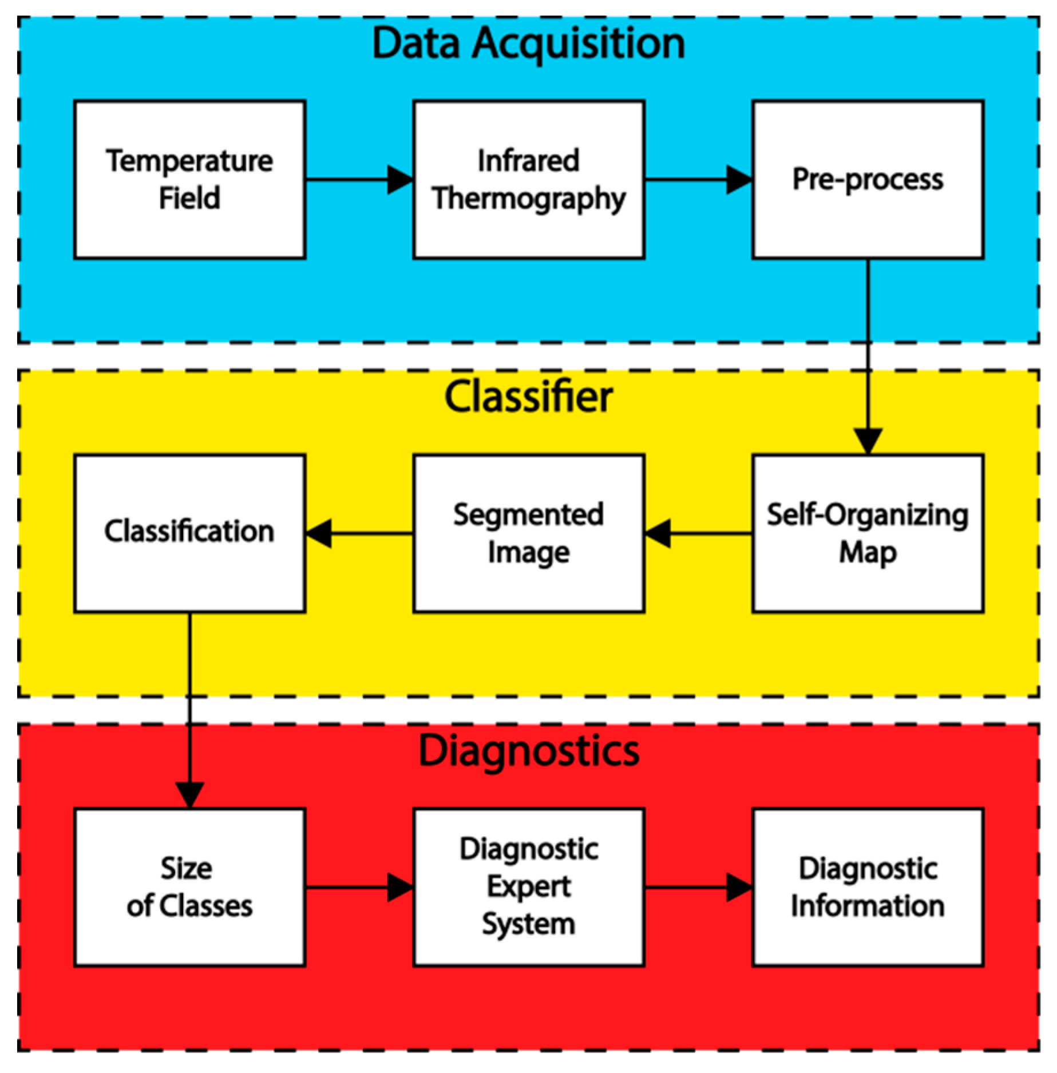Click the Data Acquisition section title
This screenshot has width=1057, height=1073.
528,44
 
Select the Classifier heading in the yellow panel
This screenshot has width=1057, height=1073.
528,397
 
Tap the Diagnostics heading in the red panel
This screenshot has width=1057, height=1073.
528,751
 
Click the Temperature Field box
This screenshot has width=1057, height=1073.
189,180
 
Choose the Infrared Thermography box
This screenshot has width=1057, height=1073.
529,180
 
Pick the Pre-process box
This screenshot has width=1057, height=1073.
868,180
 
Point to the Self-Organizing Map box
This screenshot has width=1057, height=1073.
868,533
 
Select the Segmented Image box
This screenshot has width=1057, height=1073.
529,533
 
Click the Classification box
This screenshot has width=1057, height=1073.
189,533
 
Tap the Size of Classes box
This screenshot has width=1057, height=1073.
189,888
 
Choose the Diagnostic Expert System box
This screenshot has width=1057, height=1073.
529,888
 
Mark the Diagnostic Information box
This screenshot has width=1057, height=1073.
868,888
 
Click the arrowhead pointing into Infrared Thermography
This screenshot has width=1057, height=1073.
400,180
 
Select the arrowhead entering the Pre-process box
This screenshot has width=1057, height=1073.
739,180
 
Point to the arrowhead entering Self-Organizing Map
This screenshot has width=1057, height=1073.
868,441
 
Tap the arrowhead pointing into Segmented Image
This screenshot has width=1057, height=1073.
659,533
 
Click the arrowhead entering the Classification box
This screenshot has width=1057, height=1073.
319,533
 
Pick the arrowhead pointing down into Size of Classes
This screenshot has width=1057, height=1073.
189,795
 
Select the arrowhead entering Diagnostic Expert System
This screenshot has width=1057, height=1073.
400,888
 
